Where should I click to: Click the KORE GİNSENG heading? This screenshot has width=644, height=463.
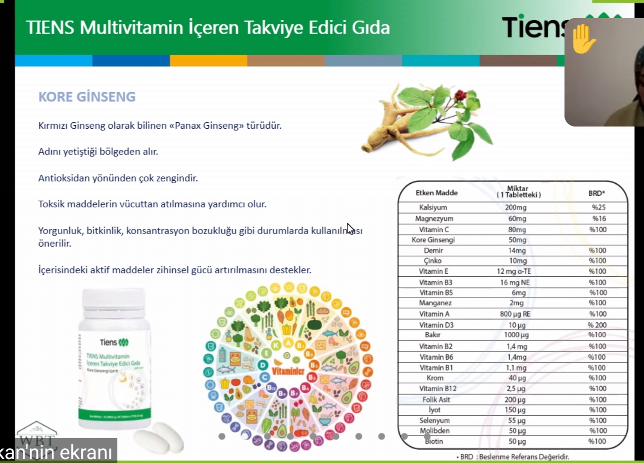tap(87, 97)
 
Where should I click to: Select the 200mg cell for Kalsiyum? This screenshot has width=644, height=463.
tap(516, 207)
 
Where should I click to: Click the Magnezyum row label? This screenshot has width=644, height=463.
tap(434, 219)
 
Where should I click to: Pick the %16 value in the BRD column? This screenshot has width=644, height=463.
tap(599, 219)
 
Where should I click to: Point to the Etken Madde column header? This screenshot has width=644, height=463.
tap(437, 193)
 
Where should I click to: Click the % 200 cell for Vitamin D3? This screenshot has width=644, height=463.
tap(597, 325)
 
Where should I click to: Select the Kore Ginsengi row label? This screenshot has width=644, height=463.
tap(433, 240)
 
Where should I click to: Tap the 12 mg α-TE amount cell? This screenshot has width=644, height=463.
tap(514, 272)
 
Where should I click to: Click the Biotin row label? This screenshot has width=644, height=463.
tap(434, 441)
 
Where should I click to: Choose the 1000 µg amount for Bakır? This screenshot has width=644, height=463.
tap(516, 335)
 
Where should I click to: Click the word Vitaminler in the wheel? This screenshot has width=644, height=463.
tap(288, 370)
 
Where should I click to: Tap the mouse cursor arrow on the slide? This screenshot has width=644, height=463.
tap(350, 228)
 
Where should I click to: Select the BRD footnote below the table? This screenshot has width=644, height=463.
tap(513, 457)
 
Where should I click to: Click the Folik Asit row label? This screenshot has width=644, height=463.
tap(436, 399)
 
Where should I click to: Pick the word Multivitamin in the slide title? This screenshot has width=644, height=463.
tap(132, 28)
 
